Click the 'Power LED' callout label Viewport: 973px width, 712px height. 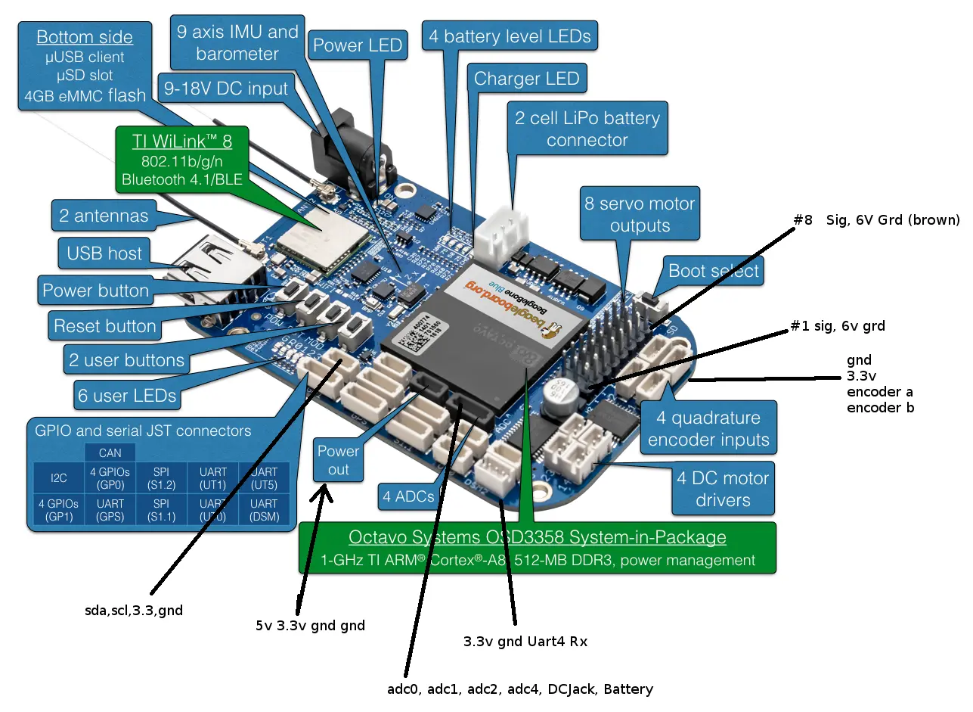358,45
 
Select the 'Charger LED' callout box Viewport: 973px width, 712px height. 526,79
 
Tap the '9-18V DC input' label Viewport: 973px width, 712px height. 226,89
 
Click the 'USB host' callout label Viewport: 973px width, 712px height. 104,253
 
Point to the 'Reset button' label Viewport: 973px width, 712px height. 105,327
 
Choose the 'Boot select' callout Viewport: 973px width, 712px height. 713,272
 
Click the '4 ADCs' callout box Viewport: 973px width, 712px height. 408,497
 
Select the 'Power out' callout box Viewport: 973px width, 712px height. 338,460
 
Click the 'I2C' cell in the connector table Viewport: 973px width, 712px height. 58,478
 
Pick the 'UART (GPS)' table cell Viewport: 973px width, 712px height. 110,509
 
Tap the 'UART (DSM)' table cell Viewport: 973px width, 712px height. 264,509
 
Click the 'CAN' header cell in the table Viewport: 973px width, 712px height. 110,452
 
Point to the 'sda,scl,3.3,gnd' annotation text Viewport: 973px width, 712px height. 133,610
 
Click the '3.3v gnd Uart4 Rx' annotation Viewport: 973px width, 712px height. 525,642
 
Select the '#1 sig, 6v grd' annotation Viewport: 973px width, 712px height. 837,326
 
